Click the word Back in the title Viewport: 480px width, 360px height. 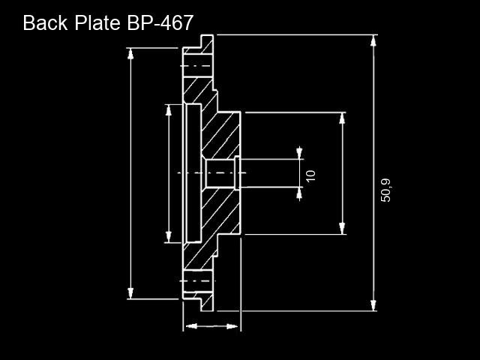point(45,22)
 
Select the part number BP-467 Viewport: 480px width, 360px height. point(160,22)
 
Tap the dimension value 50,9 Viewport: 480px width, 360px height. point(385,190)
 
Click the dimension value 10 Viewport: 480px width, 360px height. point(310,175)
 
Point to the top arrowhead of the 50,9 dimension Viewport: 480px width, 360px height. point(373,41)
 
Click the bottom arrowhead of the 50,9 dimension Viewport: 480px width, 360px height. point(373,305)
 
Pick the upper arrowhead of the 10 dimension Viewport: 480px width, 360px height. point(299,153)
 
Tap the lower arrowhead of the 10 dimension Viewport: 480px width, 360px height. point(299,193)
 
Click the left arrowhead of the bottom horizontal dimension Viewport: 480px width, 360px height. point(191,326)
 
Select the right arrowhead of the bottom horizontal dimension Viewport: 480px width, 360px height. point(232,326)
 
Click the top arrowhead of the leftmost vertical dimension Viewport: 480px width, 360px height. point(130,54)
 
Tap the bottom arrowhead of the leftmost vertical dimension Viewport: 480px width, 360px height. point(130,293)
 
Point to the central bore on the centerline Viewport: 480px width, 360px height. point(220,173)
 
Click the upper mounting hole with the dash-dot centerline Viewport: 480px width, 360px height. point(198,66)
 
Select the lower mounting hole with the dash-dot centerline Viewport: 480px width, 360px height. point(198,280)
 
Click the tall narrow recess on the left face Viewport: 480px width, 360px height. point(193,173)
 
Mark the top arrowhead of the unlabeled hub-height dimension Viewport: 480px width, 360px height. point(342,118)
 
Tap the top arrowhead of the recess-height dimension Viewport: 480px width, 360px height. point(168,110)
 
